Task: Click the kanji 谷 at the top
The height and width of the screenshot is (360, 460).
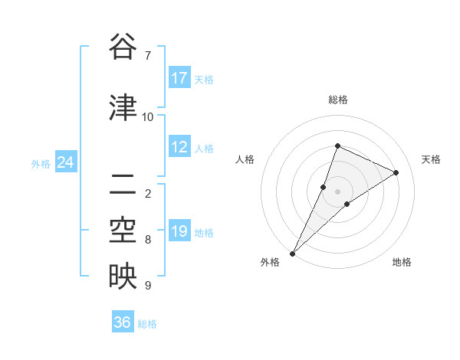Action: tap(123, 47)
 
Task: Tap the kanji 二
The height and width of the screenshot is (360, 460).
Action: tap(123, 184)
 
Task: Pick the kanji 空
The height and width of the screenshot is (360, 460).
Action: tap(123, 230)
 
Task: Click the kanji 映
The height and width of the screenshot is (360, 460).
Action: tap(123, 276)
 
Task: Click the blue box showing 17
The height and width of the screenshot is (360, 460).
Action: tap(179, 78)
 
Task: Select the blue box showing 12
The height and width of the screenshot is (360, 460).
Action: tap(179, 148)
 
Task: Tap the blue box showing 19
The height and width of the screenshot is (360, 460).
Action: tap(179, 232)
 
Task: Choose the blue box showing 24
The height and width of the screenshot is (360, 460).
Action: tap(66, 163)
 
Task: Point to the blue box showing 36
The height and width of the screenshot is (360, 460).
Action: tap(123, 322)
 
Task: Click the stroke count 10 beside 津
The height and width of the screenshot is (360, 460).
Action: tap(148, 116)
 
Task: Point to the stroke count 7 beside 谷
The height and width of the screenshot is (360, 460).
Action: tap(148, 55)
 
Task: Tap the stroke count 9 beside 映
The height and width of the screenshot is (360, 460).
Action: tap(148, 286)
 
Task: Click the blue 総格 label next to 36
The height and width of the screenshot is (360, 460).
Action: tap(147, 324)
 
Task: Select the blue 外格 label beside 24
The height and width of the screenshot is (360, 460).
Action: tap(41, 164)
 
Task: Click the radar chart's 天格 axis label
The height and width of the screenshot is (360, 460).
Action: tap(431, 159)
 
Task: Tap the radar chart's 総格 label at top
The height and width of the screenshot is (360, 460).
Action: tap(337, 100)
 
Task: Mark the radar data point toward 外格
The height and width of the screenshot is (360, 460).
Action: tap(293, 254)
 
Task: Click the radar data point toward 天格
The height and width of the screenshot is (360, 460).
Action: tap(396, 172)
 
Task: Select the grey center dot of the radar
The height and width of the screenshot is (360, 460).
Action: tap(337, 191)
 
